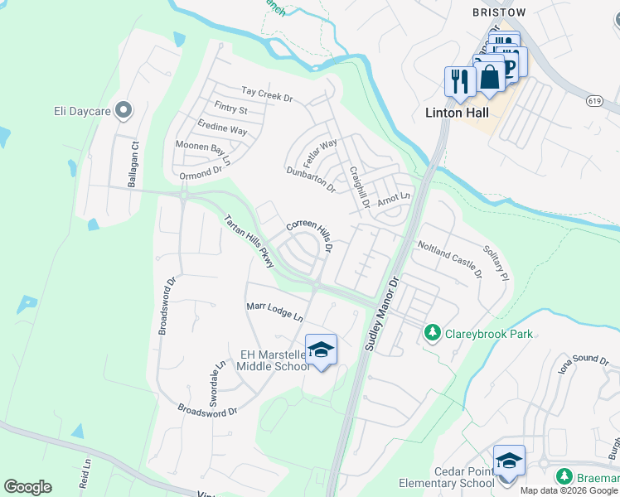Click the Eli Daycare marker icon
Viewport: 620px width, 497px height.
click(124, 109)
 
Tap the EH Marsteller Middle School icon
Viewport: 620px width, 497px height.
click(321, 350)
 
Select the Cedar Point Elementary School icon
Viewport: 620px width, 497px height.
click(508, 461)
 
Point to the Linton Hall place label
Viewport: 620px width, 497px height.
click(457, 113)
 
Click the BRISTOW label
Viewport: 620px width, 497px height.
click(499, 13)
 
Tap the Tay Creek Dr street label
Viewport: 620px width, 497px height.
click(267, 95)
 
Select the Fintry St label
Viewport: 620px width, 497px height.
click(230, 109)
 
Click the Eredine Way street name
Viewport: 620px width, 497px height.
click(222, 131)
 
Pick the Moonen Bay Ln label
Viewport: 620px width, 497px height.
click(201, 148)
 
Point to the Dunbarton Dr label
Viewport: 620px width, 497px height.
click(310, 178)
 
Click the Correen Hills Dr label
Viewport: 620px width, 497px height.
click(310, 234)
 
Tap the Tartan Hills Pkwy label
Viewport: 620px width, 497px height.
click(249, 241)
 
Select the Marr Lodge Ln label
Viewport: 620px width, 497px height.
click(275, 312)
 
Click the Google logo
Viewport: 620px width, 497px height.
click(27, 487)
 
